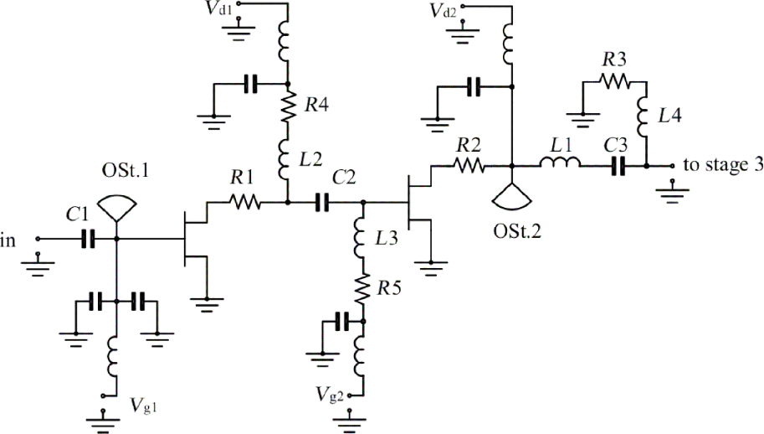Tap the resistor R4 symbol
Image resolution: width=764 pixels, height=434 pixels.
[287, 106]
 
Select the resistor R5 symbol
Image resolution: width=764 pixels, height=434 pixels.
[362, 290]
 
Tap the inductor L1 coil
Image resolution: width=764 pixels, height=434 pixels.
[556, 166]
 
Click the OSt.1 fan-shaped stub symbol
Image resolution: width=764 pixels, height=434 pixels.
[115, 207]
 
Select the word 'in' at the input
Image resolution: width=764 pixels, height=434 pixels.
[8, 241]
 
